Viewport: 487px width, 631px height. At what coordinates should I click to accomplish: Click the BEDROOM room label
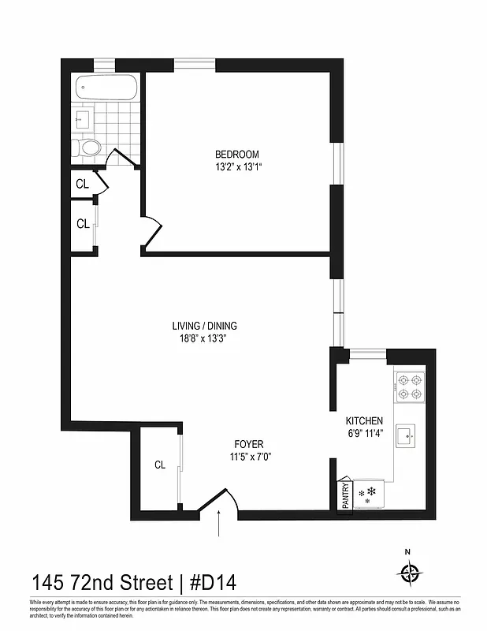click(x=236, y=155)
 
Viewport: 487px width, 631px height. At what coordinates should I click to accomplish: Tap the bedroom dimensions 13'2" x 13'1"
click(x=236, y=166)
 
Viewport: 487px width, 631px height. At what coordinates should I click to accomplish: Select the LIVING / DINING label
click(x=204, y=326)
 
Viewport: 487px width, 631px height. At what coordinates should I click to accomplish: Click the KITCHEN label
click(x=364, y=421)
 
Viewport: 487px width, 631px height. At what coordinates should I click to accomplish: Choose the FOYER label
click(x=247, y=444)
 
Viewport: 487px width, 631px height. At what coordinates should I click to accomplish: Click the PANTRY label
click(x=344, y=497)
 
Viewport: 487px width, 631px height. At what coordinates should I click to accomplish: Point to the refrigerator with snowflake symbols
click(x=368, y=495)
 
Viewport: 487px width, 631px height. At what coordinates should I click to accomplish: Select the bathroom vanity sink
click(x=84, y=121)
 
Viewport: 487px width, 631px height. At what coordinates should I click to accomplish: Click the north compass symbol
click(x=410, y=573)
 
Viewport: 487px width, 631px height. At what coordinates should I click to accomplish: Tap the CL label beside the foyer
click(x=159, y=465)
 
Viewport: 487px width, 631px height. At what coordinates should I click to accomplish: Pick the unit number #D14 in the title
click(x=211, y=583)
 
